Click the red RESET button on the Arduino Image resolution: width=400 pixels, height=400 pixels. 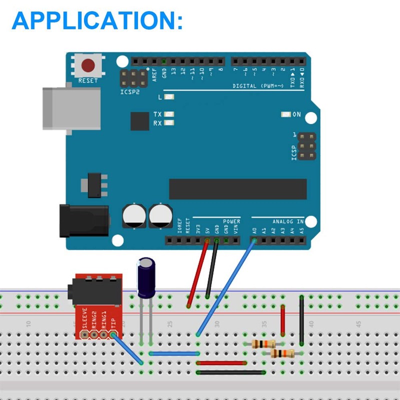[x=89, y=65]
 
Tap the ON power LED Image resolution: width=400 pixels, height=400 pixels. [x=286, y=114]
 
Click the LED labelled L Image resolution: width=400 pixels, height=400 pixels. [x=168, y=97]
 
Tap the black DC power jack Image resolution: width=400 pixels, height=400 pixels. [x=82, y=219]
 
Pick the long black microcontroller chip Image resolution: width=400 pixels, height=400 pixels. [x=237, y=188]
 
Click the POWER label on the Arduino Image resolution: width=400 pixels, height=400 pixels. [x=231, y=221]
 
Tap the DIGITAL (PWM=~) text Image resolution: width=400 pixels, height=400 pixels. [x=258, y=86]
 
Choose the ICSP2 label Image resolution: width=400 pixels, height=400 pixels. [x=130, y=92]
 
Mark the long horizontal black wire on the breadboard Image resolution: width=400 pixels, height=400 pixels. [x=231, y=372]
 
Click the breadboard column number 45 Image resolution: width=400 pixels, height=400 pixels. [x=358, y=324]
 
